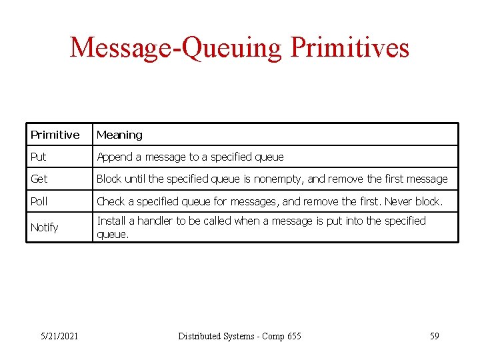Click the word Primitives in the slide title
click(349, 48)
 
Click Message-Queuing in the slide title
click(177, 48)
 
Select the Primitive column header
click(55, 135)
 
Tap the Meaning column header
click(119, 135)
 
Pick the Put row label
click(38, 157)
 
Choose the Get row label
click(39, 179)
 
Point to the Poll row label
click(39, 201)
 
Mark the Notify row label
click(44, 227)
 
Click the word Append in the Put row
click(115, 157)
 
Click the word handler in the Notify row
click(155, 221)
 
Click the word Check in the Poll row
click(111, 201)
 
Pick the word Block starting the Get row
click(110, 179)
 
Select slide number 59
click(434, 336)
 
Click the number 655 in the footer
click(293, 336)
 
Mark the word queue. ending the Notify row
click(113, 234)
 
